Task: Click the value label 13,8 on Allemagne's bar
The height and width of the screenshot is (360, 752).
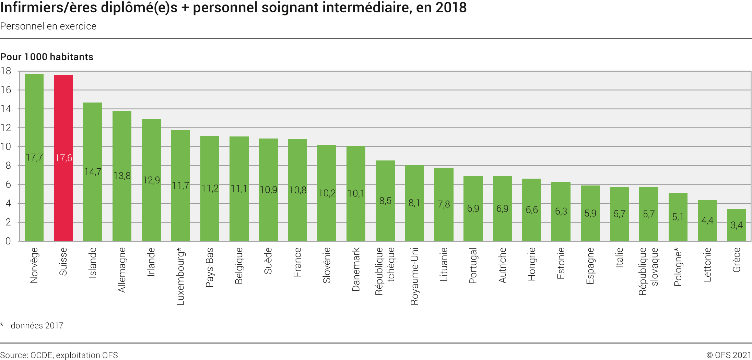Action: click(122, 176)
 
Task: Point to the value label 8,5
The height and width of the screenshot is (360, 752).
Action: click(385, 201)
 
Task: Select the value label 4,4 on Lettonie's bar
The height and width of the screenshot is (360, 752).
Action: click(707, 220)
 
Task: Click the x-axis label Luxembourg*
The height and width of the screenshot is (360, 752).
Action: click(181, 276)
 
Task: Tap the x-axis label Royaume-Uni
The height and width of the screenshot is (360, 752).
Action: click(414, 276)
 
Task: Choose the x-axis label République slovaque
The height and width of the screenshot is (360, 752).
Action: click(648, 271)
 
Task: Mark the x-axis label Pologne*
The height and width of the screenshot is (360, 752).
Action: click(678, 267)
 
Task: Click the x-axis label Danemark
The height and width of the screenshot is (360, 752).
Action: click(356, 269)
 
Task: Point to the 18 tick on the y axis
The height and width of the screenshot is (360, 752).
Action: click(6, 71)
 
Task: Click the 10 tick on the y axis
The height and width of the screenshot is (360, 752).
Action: click(6, 147)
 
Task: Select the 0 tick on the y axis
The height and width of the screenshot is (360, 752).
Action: click(8, 241)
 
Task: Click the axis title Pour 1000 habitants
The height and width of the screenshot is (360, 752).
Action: click(47, 57)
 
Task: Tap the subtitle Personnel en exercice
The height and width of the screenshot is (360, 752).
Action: click(48, 26)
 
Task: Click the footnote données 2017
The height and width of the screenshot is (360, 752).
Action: click(37, 326)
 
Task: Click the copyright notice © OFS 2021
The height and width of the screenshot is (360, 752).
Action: click(729, 355)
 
